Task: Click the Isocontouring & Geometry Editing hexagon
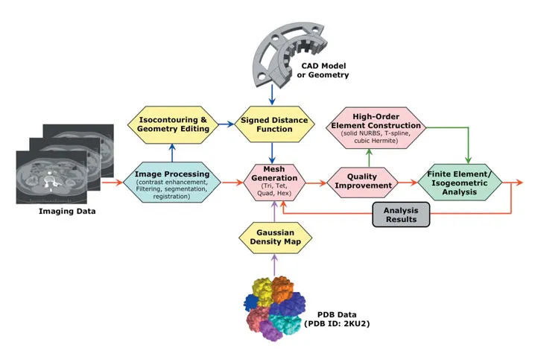tap(172, 124)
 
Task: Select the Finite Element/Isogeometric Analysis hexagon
tap(460, 181)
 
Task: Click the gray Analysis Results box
tap(402, 215)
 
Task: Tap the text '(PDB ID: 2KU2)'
tap(337, 324)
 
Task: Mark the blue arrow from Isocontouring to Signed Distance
tap(223, 124)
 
